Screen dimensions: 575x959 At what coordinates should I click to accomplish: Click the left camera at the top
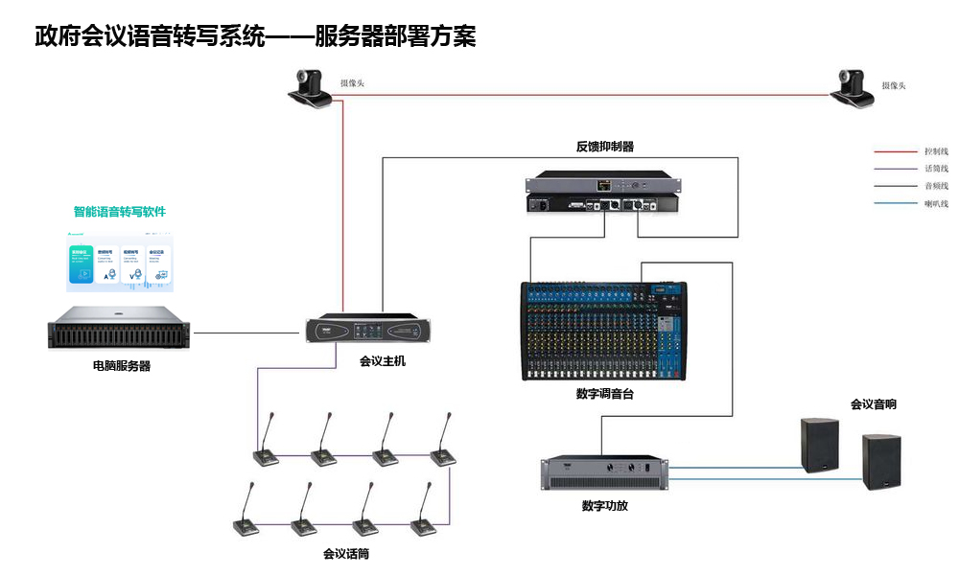[x=311, y=86]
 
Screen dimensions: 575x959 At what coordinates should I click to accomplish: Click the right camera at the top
[x=853, y=86]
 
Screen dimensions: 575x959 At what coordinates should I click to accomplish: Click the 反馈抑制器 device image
[x=602, y=193]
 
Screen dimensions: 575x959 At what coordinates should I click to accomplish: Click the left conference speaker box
[x=820, y=445]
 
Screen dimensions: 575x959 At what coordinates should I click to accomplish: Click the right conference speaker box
[x=881, y=461]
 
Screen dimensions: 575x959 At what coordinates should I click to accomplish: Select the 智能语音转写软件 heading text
[x=120, y=212]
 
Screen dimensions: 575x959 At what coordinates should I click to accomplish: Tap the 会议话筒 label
[x=346, y=554]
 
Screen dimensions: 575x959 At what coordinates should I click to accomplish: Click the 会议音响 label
[x=873, y=404]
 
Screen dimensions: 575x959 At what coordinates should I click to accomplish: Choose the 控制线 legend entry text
[x=936, y=151]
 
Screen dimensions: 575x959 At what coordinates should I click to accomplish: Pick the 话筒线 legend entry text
[x=936, y=169]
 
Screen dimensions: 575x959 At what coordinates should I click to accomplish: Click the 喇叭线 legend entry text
[x=936, y=203]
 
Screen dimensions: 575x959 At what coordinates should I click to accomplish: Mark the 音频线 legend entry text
[x=936, y=186]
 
